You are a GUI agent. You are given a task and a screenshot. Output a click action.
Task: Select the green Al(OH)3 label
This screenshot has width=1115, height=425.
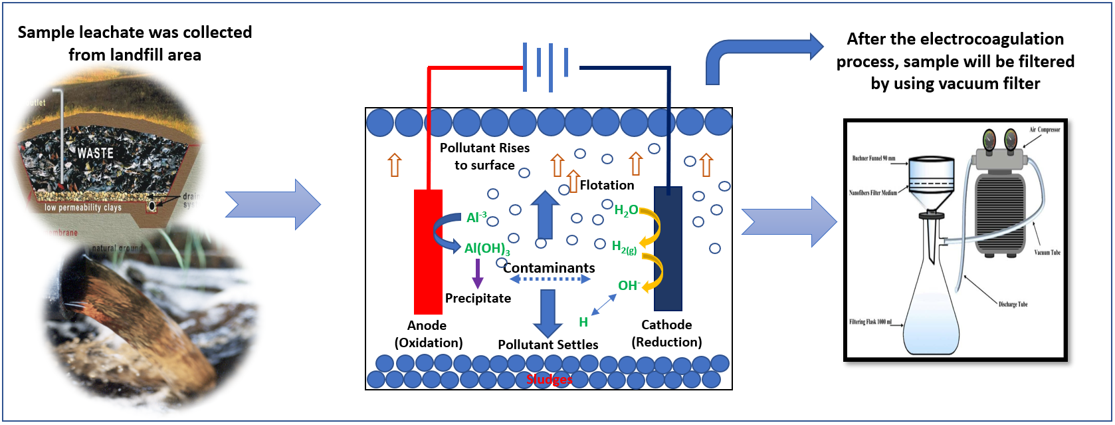click(x=487, y=249)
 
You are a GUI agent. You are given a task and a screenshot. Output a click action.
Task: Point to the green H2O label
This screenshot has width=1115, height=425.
click(x=625, y=211)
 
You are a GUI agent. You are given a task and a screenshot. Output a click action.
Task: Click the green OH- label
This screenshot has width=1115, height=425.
click(x=629, y=286)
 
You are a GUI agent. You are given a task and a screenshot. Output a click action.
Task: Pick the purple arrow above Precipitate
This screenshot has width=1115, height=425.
click(x=477, y=273)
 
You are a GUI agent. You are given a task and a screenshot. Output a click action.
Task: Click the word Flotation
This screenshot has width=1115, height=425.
click(x=607, y=186)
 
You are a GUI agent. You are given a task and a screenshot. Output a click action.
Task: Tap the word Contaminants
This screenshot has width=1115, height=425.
click(x=549, y=268)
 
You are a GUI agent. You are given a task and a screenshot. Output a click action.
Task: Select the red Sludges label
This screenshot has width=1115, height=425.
click(x=549, y=380)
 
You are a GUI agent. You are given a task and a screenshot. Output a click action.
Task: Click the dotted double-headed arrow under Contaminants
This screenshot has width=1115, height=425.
click(x=550, y=279)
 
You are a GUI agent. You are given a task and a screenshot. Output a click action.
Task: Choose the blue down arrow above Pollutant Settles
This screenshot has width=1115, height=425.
click(x=548, y=313)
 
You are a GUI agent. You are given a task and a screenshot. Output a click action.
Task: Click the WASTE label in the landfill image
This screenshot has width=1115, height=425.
click(x=96, y=153)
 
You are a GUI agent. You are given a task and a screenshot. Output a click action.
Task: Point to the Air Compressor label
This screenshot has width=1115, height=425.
click(x=1045, y=130)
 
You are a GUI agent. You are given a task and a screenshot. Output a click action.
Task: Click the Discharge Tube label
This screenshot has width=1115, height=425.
click(x=1013, y=305)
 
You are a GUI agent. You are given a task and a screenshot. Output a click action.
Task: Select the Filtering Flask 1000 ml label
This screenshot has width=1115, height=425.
click(x=870, y=322)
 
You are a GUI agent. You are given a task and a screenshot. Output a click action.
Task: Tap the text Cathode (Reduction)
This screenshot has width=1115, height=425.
click(x=666, y=333)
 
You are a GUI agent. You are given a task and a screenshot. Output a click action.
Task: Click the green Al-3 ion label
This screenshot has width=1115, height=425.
click(x=476, y=217)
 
